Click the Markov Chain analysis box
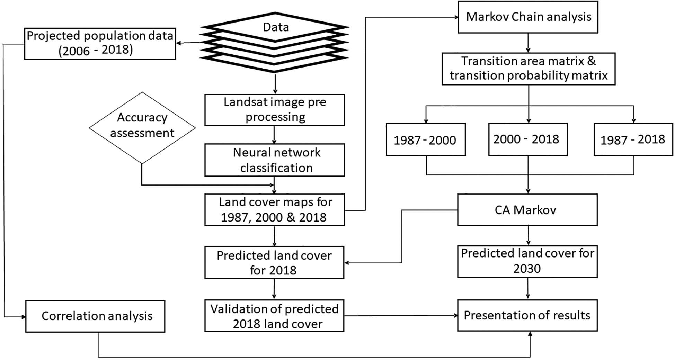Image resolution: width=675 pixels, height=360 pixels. click(x=528, y=17)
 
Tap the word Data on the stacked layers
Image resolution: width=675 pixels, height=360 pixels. click(x=276, y=27)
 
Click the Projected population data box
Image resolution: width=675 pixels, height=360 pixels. click(x=100, y=44)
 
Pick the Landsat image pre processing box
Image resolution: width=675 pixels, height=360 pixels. click(x=274, y=110)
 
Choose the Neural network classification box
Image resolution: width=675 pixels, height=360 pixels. click(x=274, y=160)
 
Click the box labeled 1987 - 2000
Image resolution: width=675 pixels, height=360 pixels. click(x=425, y=139)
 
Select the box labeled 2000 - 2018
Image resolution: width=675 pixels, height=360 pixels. click(x=527, y=139)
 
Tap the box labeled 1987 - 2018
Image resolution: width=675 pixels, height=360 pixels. click(x=633, y=139)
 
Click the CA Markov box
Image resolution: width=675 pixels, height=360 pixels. click(x=527, y=210)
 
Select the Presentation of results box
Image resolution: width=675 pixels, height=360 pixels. click(x=527, y=315)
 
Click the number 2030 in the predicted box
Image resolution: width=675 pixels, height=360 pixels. click(x=527, y=269)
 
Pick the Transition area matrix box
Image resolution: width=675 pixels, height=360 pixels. click(x=529, y=69)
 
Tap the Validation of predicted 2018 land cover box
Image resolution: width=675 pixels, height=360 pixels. click(x=274, y=316)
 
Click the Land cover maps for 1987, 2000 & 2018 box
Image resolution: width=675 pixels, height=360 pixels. click(x=274, y=210)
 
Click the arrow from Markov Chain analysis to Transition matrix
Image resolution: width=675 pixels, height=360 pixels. click(x=528, y=43)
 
